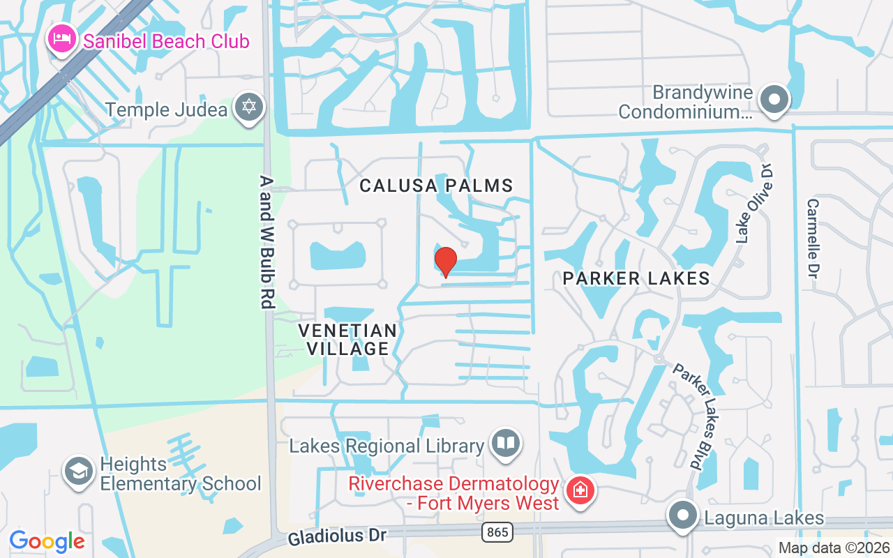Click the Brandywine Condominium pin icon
point(773,98)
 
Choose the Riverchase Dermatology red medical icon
point(579,491)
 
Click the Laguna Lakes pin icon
point(682,517)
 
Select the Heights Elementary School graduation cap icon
point(79,472)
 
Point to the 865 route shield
point(497,532)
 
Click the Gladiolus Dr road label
point(337,536)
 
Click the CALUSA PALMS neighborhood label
point(437,186)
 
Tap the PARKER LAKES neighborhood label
point(636,278)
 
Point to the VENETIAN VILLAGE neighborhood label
point(347,339)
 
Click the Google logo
point(47,541)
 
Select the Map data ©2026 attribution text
point(834,548)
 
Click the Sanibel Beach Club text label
point(166,41)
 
